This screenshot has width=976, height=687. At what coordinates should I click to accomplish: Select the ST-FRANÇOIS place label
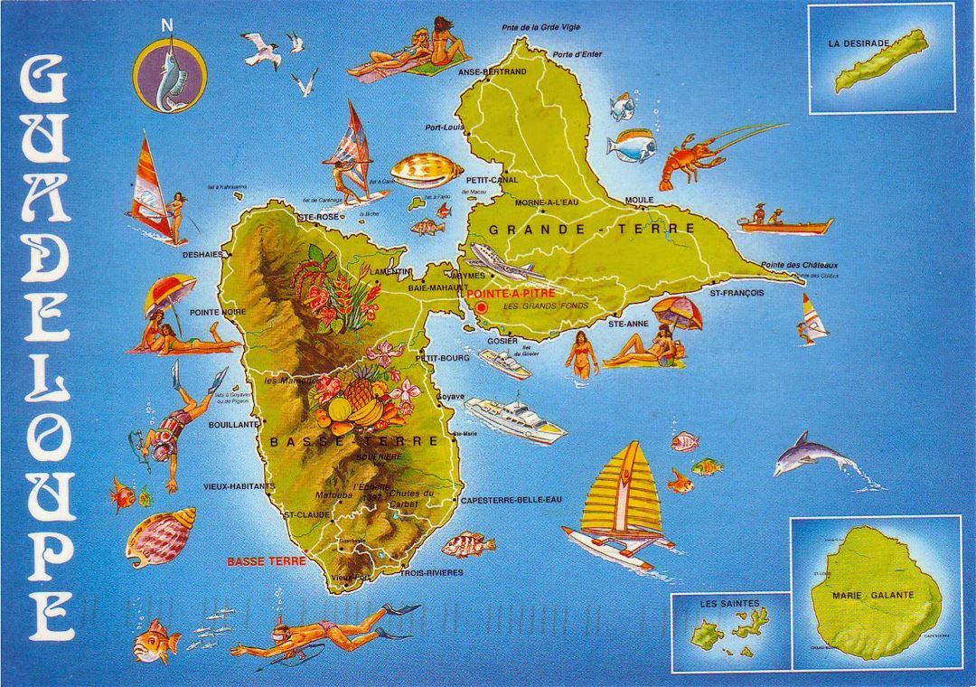737,294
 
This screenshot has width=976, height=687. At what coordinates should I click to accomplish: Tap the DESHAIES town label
202,255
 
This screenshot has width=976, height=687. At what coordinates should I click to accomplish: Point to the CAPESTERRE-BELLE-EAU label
511,499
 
